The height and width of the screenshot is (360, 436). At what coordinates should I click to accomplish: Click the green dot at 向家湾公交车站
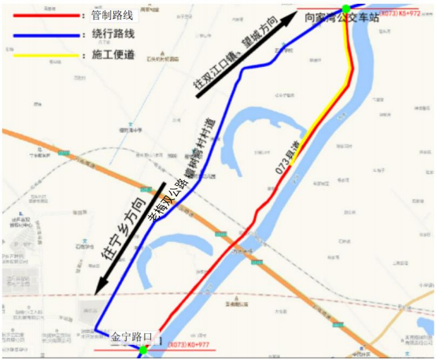[x=345, y=9]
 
